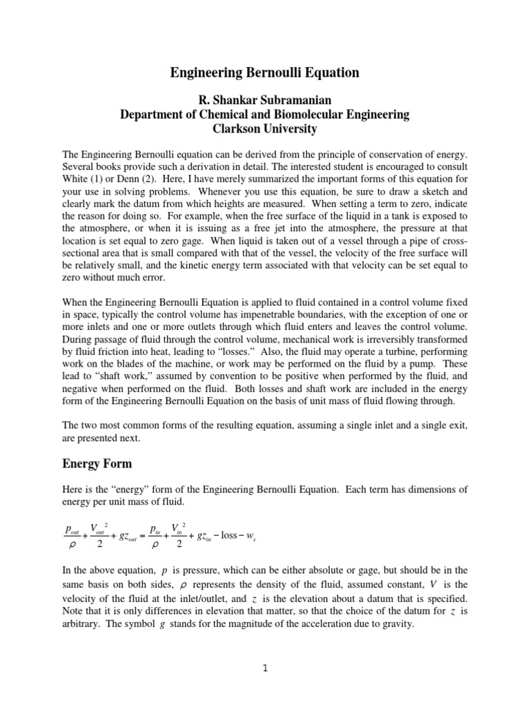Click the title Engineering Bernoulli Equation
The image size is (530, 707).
265,72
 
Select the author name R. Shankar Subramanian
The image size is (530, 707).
265,101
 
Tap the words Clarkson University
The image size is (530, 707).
265,128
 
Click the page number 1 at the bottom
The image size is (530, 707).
265,688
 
